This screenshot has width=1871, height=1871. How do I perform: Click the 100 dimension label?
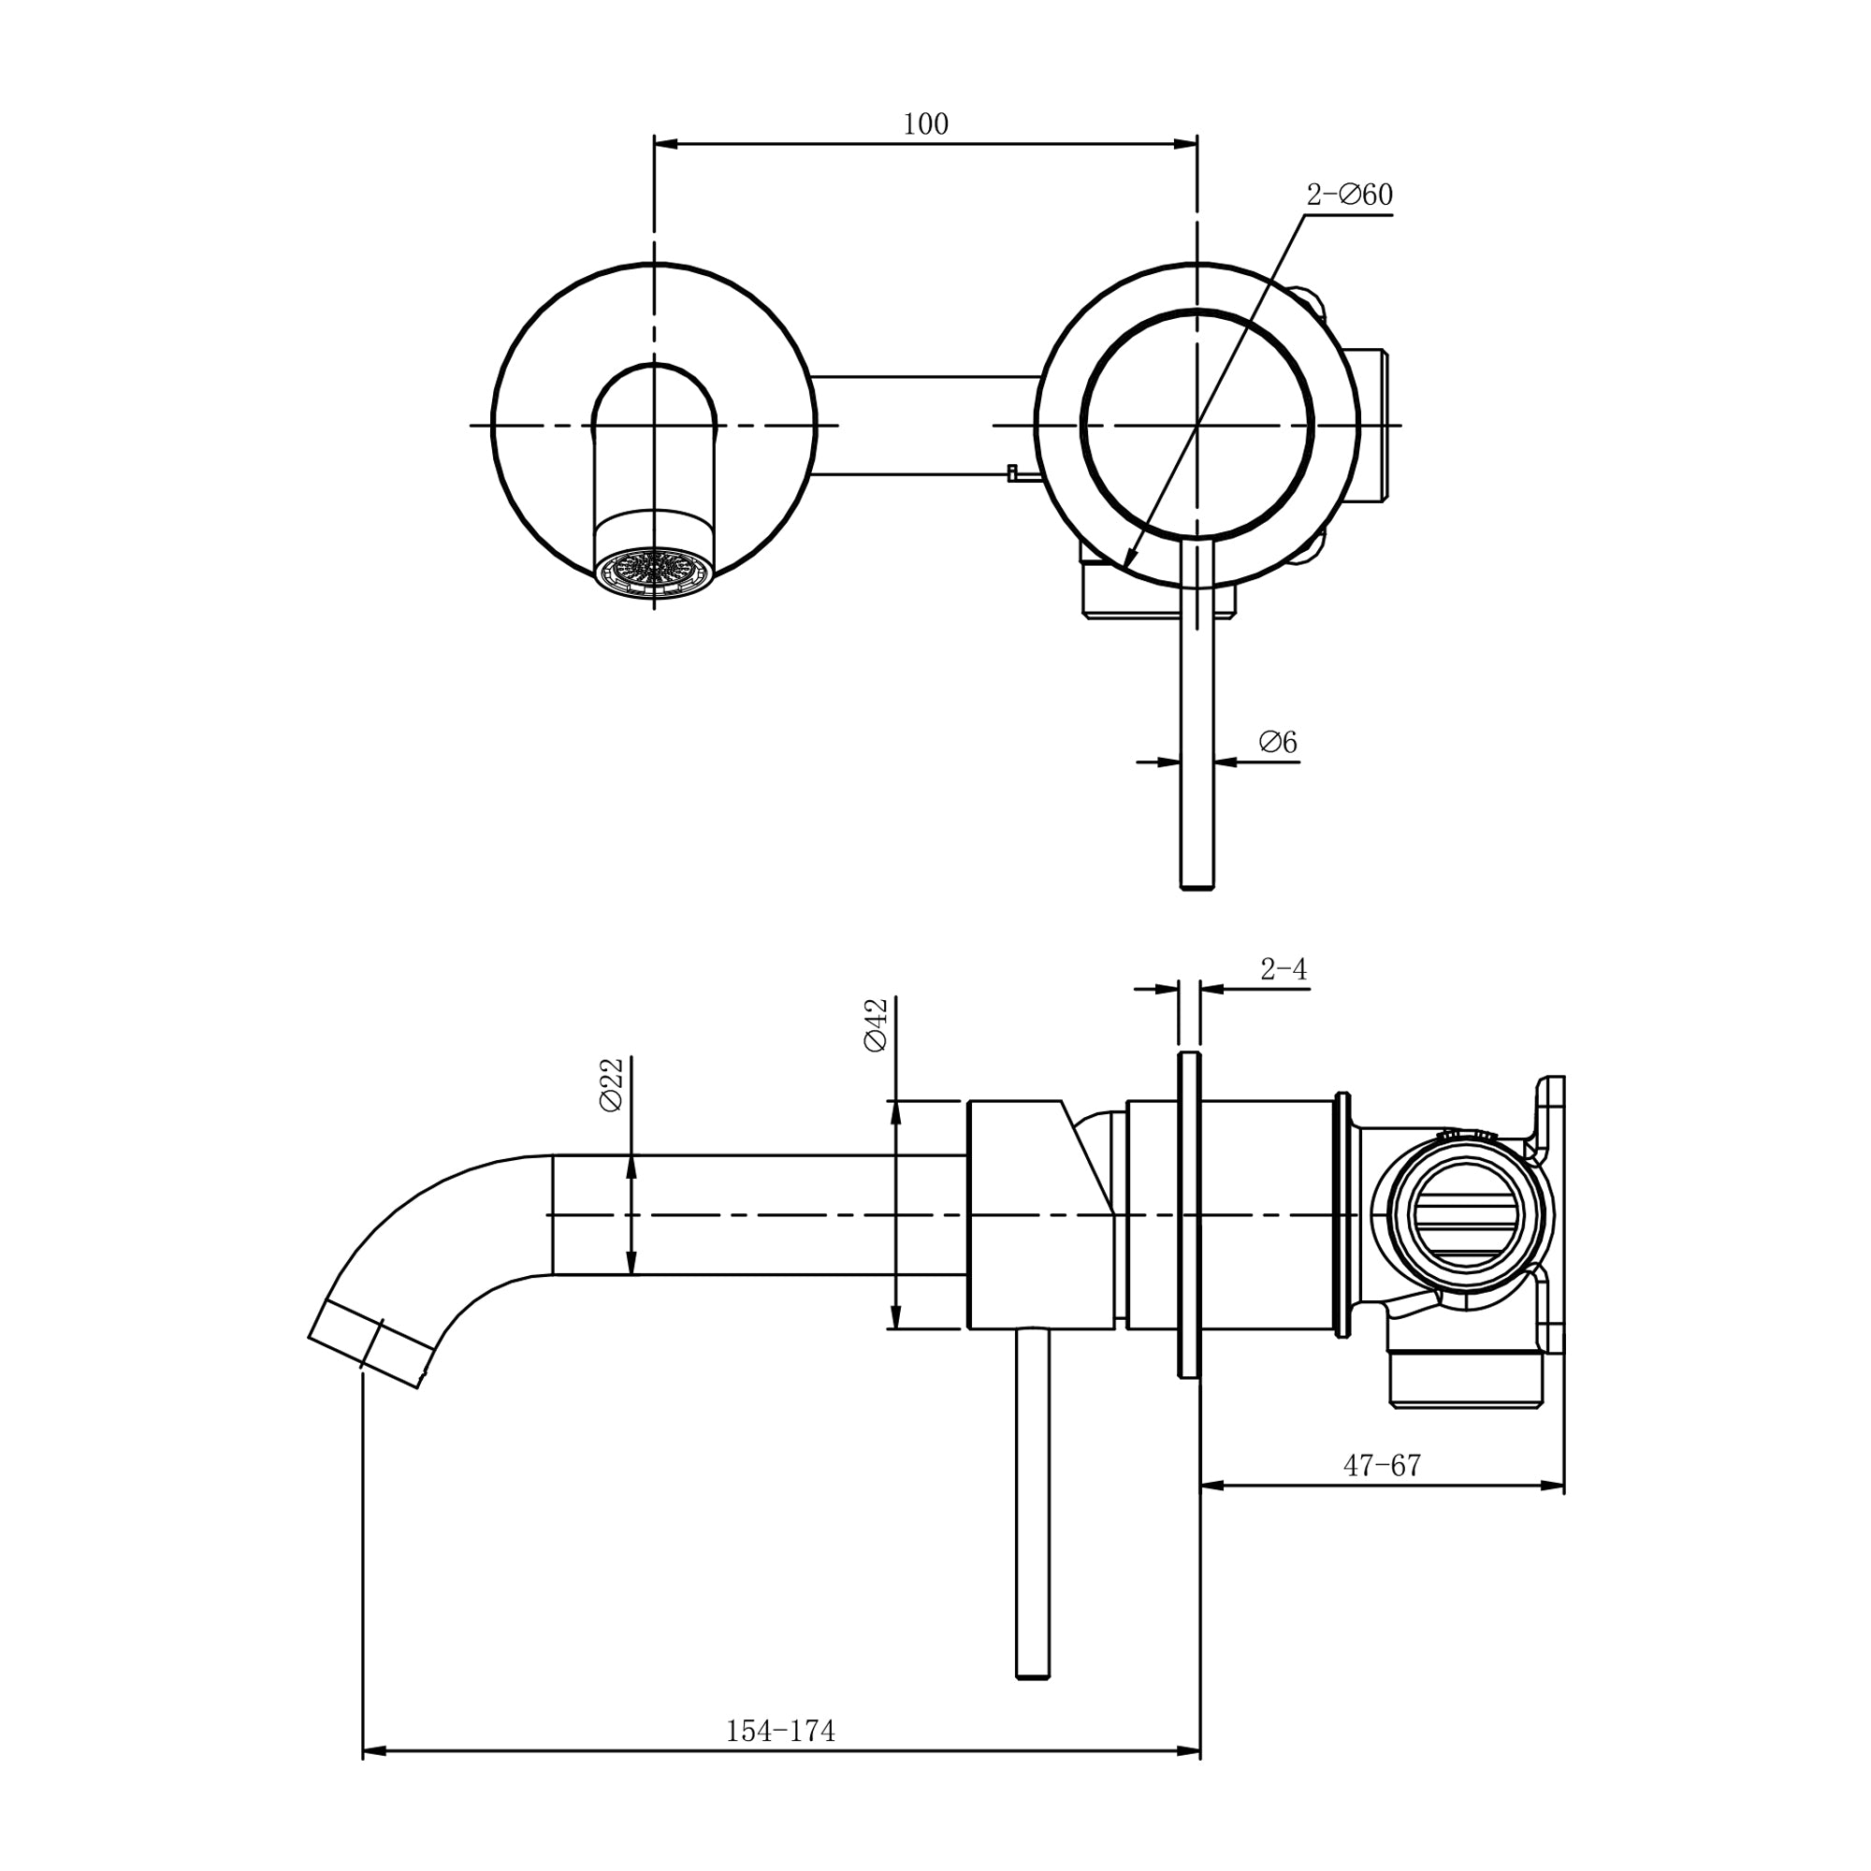click(x=925, y=124)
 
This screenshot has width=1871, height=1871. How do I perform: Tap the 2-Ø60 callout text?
click(x=1349, y=195)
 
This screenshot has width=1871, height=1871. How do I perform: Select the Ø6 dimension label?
click(x=1277, y=743)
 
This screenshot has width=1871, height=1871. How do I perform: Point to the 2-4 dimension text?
click(x=1284, y=969)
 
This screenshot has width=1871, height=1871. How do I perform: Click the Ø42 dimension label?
click(x=876, y=1026)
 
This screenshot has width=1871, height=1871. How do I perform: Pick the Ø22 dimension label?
click(x=611, y=1084)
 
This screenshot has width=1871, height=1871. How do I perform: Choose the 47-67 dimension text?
click(x=1381, y=1466)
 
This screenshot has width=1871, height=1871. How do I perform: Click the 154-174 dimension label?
click(x=779, y=1731)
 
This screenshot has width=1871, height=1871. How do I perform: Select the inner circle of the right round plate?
click(x=1197, y=424)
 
